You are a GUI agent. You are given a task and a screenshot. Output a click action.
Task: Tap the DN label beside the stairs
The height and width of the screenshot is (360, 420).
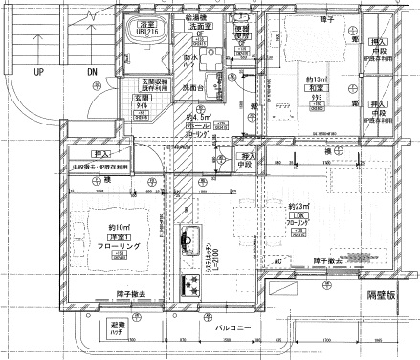click(92, 72)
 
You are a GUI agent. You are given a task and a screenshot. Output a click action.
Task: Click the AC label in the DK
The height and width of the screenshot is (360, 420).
click(278, 261)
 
